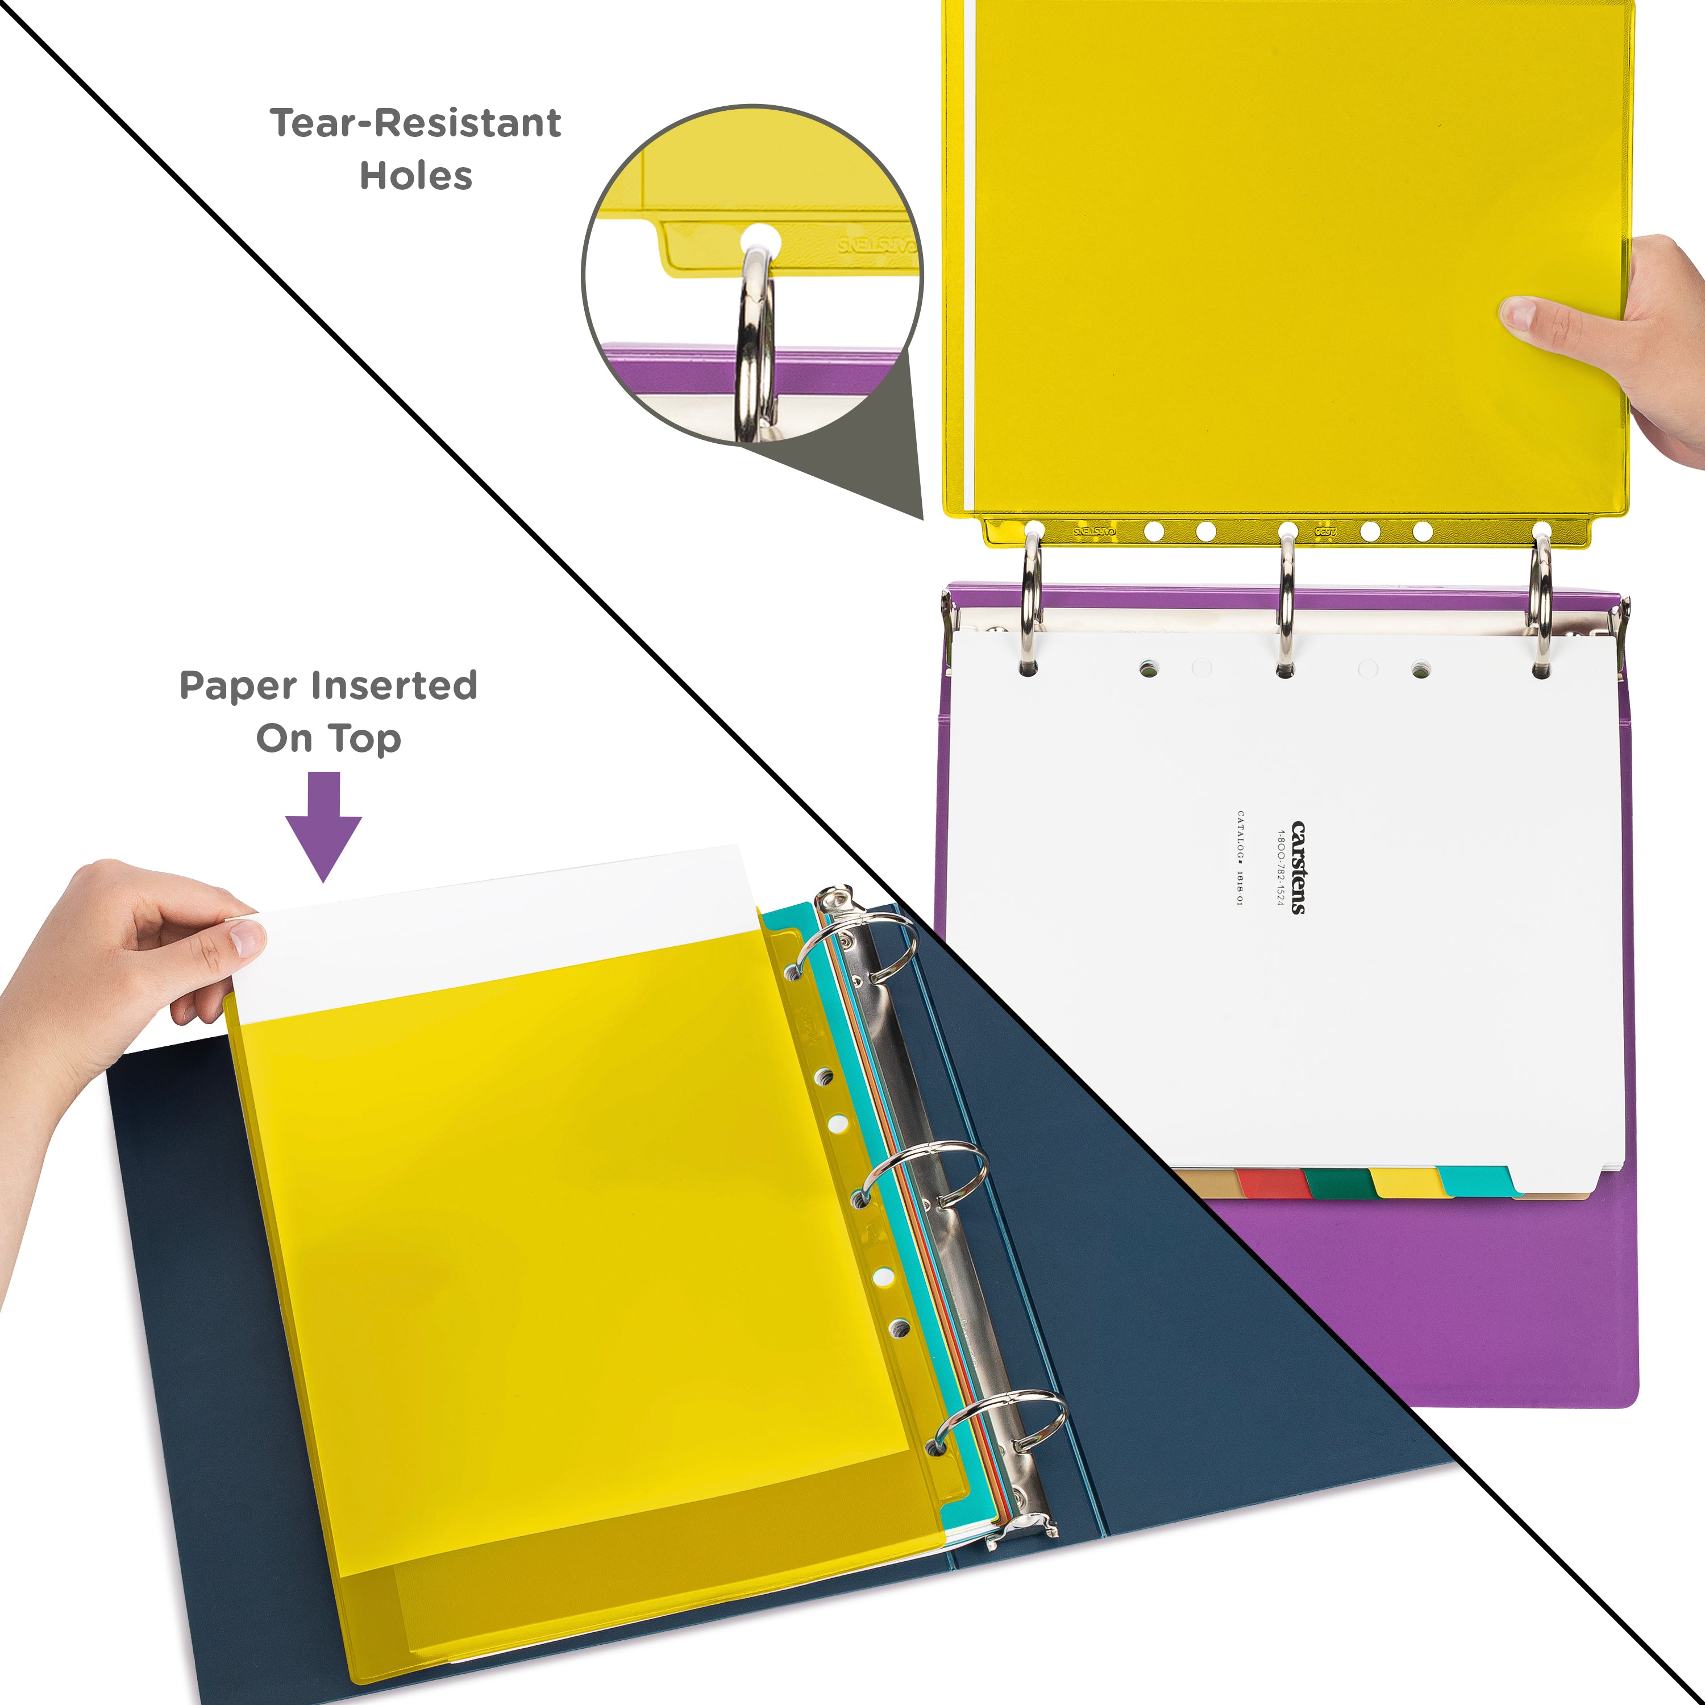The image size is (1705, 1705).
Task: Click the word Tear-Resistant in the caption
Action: click(415, 123)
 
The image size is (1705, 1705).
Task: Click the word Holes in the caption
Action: click(415, 177)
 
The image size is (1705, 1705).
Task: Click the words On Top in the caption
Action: click(328, 739)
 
